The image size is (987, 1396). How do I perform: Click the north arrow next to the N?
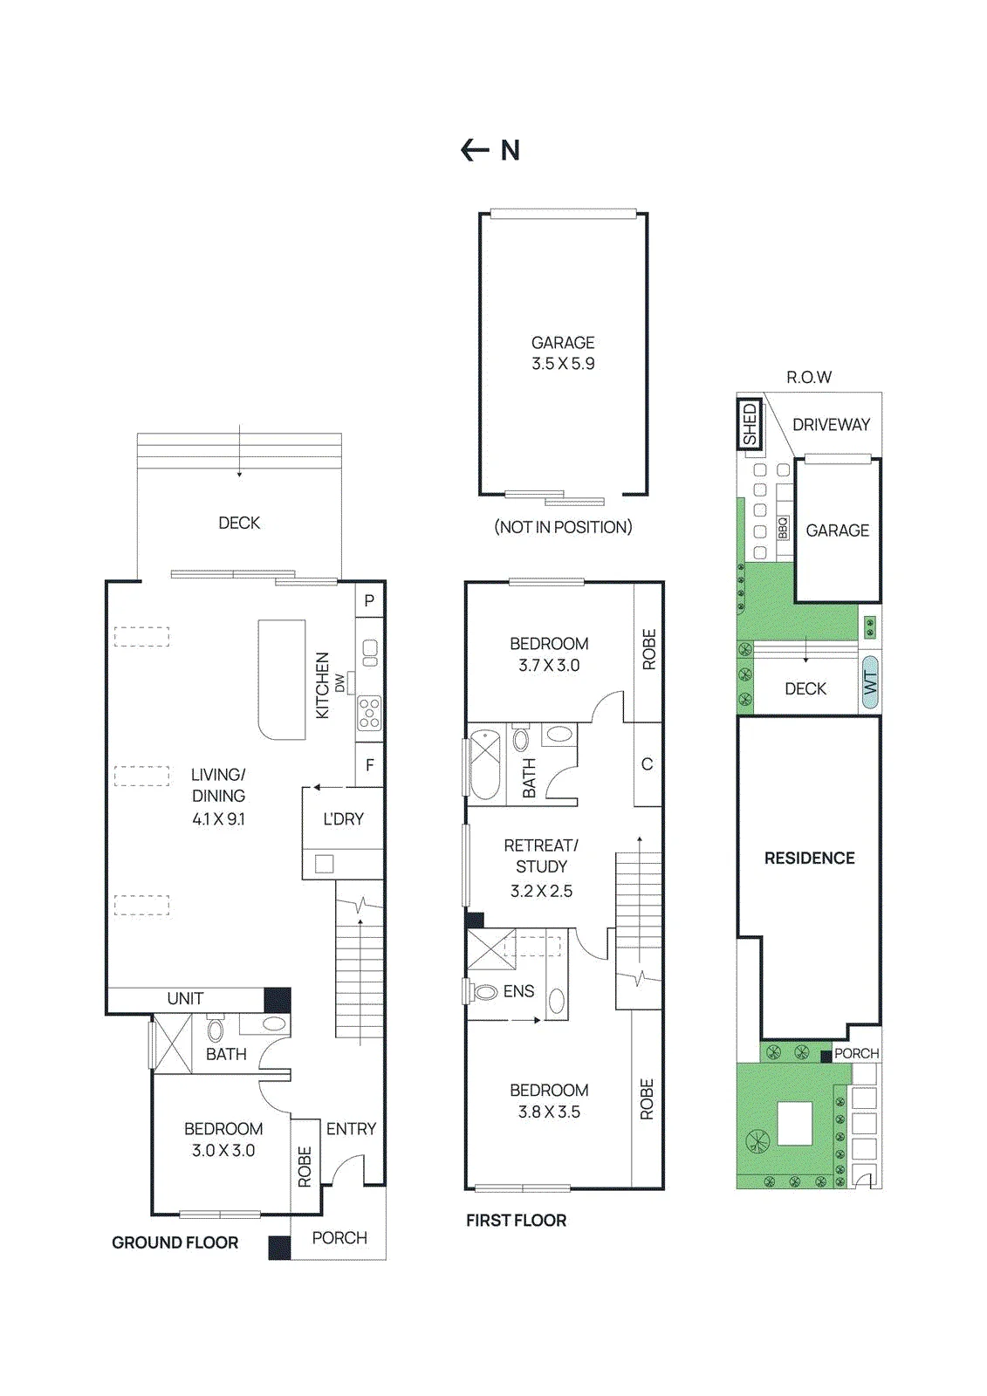click(x=474, y=150)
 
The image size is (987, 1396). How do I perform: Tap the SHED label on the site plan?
click(x=751, y=424)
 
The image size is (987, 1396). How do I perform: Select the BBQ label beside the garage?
click(x=783, y=529)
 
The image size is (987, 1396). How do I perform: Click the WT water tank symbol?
click(x=870, y=684)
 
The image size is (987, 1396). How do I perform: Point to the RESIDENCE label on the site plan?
click(x=809, y=858)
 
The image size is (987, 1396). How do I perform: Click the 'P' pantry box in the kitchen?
click(x=369, y=600)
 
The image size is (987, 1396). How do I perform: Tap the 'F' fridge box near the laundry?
click(x=370, y=764)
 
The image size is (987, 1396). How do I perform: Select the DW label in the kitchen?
click(x=339, y=683)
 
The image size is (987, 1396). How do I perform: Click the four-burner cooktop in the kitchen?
click(x=369, y=713)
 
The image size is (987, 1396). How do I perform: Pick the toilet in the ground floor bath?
click(x=215, y=1030)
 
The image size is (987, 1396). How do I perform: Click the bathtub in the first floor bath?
click(x=486, y=764)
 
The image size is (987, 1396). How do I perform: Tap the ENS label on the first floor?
click(x=518, y=991)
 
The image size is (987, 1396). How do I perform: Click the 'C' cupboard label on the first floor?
click(x=648, y=763)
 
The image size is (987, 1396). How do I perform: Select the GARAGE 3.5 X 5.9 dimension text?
click(x=563, y=352)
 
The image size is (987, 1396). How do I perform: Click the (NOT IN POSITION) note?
click(x=563, y=527)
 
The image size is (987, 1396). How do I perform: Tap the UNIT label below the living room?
click(x=185, y=998)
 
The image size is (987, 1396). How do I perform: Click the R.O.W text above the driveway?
click(x=809, y=377)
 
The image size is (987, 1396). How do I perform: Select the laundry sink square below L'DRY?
click(x=325, y=864)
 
